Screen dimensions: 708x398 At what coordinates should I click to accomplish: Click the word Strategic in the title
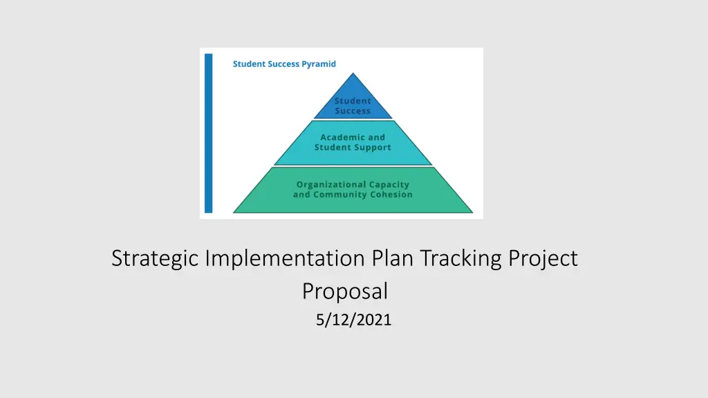(x=155, y=259)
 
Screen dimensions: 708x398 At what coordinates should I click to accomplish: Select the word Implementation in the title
(x=285, y=259)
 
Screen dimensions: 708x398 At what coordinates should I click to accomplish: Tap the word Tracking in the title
(x=460, y=259)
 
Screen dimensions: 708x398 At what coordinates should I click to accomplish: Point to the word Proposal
(x=345, y=292)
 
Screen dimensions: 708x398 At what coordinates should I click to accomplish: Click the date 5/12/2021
(x=353, y=320)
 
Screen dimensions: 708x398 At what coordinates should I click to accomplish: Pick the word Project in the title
(x=543, y=259)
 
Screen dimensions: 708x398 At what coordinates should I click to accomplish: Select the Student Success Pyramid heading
(x=284, y=64)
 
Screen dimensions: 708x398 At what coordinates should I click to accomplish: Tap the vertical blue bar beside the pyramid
(x=209, y=133)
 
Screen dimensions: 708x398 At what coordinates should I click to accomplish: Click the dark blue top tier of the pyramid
(x=353, y=102)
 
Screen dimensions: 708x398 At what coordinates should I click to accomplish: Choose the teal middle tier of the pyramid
(x=353, y=142)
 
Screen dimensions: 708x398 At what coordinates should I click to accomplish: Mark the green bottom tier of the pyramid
(x=353, y=190)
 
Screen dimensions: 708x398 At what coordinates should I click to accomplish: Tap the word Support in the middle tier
(x=373, y=148)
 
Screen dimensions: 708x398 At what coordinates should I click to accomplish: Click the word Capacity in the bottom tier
(x=389, y=184)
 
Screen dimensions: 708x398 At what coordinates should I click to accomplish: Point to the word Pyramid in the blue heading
(x=319, y=64)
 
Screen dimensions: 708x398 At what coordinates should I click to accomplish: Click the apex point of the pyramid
(x=353, y=73)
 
